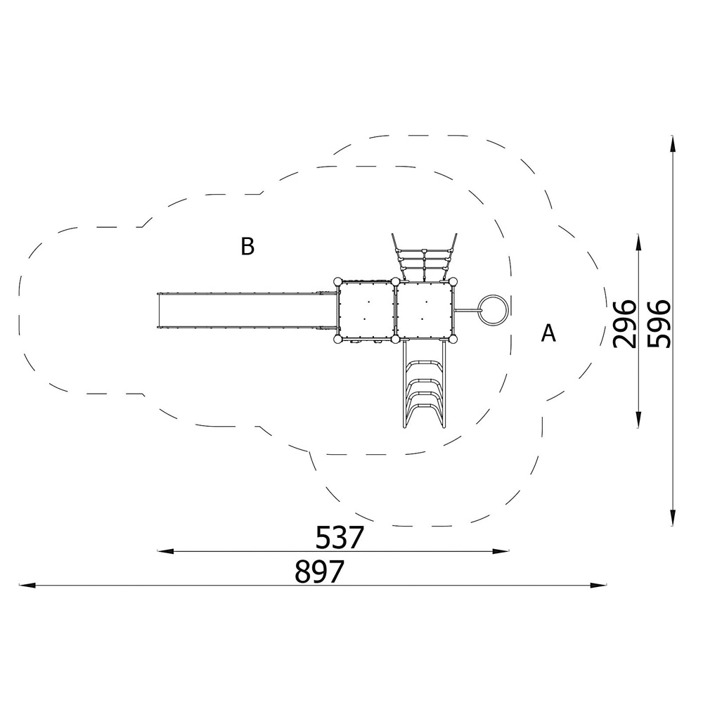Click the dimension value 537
tap(339, 538)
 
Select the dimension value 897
tap(319, 572)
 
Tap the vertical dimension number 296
tap(624, 324)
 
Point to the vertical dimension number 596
tap(659, 324)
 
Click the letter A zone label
tap(548, 333)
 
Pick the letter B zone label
tap(247, 246)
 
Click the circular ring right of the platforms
tap(494, 309)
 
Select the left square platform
tap(366, 310)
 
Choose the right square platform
tap(424, 310)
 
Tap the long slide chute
tap(247, 311)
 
